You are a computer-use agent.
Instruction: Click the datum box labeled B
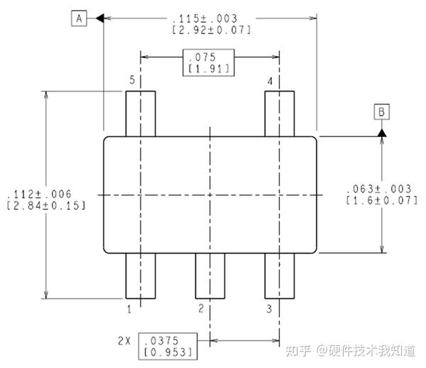[x=381, y=112]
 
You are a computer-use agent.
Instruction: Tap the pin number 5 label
[x=132, y=82]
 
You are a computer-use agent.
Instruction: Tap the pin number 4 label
[x=270, y=82]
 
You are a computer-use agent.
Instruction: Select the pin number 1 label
[x=129, y=309]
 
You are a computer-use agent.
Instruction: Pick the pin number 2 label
[x=201, y=309]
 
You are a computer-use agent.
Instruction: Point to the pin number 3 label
[x=269, y=309]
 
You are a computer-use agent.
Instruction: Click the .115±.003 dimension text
[x=212, y=18]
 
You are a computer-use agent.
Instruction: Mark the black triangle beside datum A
[x=99, y=18]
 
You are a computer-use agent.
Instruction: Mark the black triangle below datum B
[x=382, y=132]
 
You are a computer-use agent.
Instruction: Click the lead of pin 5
[x=141, y=114]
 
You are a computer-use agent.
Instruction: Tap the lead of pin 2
[x=210, y=276]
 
